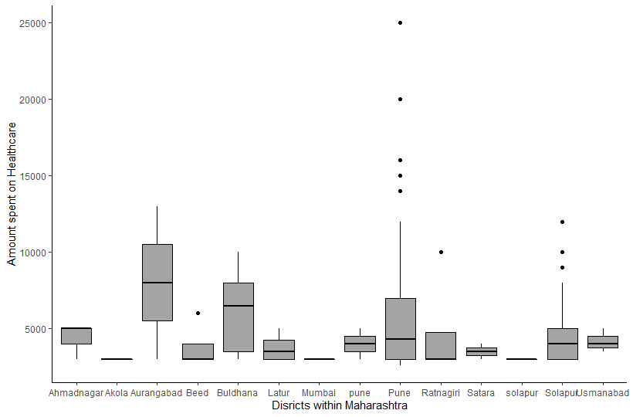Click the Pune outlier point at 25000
click(400, 22)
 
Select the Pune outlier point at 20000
click(400, 99)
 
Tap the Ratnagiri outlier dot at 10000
click(441, 252)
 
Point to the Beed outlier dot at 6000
click(198, 313)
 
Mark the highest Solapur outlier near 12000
click(563, 222)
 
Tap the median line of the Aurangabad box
click(157, 283)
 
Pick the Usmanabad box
click(603, 342)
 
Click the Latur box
click(279, 349)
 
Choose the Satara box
click(481, 351)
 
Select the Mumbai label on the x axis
click(319, 393)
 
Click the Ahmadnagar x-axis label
click(75, 393)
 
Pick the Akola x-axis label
click(117, 393)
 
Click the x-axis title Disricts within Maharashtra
click(340, 405)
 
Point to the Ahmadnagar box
click(76, 337)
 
